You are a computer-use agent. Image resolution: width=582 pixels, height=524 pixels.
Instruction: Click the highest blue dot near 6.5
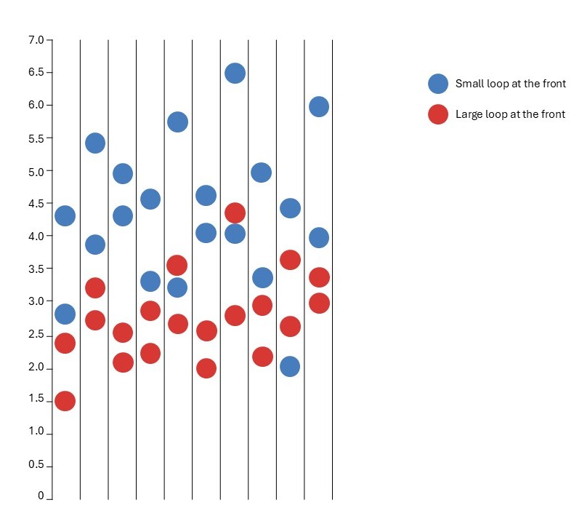235,73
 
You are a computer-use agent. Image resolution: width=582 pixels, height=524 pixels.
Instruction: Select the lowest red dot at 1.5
65,401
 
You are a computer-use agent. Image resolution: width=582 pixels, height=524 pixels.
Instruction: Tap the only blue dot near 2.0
290,366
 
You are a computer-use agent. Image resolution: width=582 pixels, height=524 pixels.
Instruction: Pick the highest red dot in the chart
235,213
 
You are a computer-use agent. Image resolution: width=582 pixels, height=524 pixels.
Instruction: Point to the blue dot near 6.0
318,107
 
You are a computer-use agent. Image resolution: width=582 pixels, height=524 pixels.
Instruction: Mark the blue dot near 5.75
177,122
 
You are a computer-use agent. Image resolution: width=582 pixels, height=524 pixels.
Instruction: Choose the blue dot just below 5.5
95,143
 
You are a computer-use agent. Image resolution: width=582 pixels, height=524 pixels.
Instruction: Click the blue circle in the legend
438,84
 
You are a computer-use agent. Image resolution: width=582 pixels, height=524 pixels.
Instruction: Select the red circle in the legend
438,114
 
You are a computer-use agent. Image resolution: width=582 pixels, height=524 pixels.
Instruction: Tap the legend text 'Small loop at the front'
510,84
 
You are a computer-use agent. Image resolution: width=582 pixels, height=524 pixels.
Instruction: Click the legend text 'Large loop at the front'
510,114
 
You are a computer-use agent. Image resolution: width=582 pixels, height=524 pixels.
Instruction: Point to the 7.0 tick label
36,39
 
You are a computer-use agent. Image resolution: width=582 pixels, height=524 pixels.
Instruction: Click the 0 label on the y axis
41,496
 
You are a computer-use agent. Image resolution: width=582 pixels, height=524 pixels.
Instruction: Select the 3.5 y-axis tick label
36,269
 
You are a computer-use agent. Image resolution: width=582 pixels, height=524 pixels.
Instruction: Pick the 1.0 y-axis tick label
36,432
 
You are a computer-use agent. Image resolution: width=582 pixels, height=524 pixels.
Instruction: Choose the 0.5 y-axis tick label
36,464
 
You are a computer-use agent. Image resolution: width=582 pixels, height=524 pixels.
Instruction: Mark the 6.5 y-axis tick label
36,72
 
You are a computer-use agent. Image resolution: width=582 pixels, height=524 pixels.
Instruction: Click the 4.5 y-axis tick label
36,204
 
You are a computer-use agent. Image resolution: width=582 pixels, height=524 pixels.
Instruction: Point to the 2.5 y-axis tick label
36,334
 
